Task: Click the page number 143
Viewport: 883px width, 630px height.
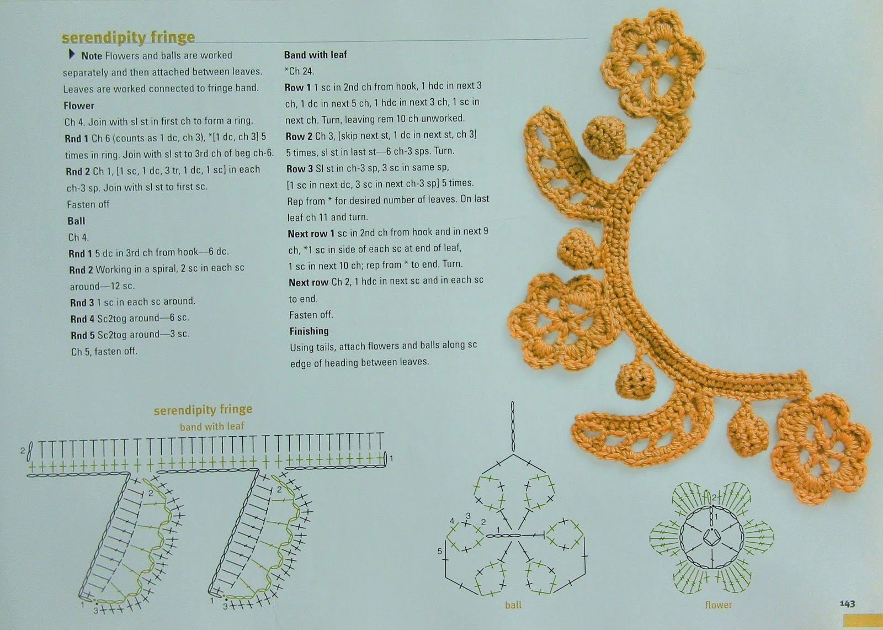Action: click(x=847, y=604)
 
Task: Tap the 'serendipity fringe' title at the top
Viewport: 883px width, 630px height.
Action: click(x=128, y=38)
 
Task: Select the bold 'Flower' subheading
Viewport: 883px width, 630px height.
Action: click(x=79, y=105)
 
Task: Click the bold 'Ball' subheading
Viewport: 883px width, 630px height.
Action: click(x=76, y=221)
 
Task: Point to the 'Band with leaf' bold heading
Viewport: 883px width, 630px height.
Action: click(x=315, y=55)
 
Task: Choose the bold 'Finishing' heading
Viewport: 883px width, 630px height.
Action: click(x=309, y=331)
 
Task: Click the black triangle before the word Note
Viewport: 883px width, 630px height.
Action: click(x=72, y=54)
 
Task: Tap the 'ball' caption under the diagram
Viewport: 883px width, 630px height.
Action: click(x=513, y=605)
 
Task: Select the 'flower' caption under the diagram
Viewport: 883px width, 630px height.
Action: click(x=718, y=605)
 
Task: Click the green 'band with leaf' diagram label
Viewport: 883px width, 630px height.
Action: click(x=212, y=426)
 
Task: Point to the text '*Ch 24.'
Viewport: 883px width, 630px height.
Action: click(x=299, y=71)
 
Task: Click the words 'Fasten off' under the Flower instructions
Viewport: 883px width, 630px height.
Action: click(x=88, y=204)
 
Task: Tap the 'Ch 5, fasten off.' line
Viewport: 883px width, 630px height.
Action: click(x=104, y=351)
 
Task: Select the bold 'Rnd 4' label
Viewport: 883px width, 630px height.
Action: click(x=82, y=319)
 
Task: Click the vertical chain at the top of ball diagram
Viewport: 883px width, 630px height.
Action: click(x=513, y=426)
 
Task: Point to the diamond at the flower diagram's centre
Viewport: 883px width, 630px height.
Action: click(x=712, y=537)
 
